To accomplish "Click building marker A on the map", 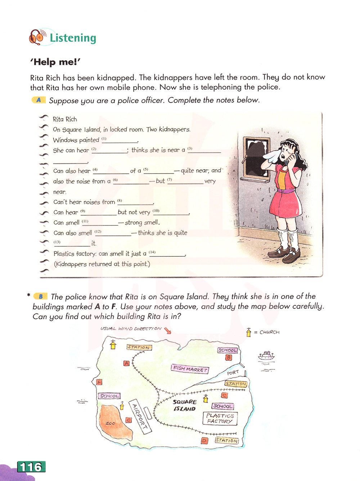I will click(x=126, y=363).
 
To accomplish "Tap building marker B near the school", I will click(x=228, y=358).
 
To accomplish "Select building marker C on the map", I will click(x=224, y=395).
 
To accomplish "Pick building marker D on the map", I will click(x=204, y=440).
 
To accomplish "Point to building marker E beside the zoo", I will click(x=128, y=420).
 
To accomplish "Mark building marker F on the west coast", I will click(x=99, y=382).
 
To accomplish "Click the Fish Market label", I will click(x=190, y=369).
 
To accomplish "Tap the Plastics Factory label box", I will click(x=220, y=418).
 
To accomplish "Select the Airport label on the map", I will click(x=139, y=416).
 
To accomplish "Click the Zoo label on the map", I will click(x=110, y=423).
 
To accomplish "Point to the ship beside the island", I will click(x=266, y=356).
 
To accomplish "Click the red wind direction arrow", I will click(x=167, y=330).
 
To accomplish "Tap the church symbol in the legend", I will click(x=248, y=332).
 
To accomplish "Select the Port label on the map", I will click(x=233, y=373).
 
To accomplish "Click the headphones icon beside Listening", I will click(x=37, y=37).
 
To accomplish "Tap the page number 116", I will click(x=31, y=467).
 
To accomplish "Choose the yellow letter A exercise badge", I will click(x=39, y=100).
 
